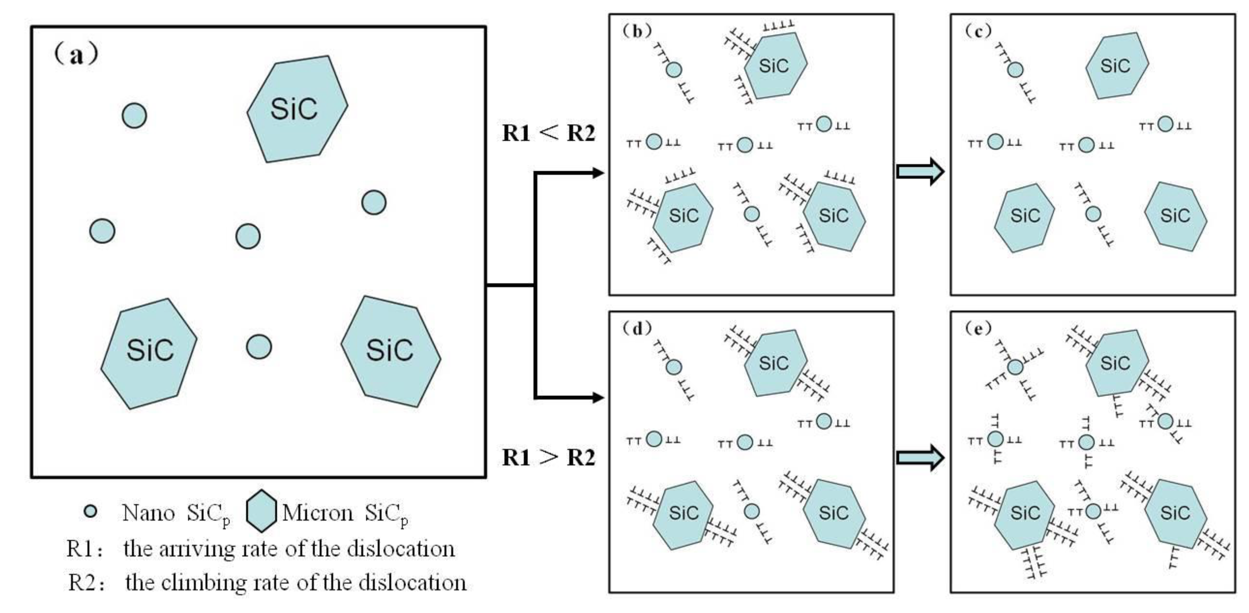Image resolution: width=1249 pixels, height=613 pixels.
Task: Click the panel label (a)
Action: click(x=77, y=54)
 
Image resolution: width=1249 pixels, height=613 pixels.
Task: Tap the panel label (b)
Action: click(x=637, y=31)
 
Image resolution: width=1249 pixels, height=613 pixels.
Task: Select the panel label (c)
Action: click(x=979, y=31)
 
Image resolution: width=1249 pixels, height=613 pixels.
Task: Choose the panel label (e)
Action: click(x=979, y=329)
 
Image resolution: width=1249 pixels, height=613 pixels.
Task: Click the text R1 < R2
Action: click(x=548, y=133)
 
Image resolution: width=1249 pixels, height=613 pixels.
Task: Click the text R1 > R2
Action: click(x=548, y=457)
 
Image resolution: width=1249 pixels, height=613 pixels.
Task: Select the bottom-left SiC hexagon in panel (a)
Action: click(x=149, y=353)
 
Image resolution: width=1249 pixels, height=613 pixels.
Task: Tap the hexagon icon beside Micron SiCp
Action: click(x=261, y=511)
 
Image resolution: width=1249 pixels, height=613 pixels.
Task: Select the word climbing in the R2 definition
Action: click(x=204, y=582)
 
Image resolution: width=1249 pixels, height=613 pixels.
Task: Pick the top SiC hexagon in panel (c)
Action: click(x=1116, y=66)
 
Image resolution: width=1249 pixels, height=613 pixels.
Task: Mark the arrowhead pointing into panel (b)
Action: click(x=598, y=172)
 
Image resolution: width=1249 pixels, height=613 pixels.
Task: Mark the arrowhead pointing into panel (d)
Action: click(x=598, y=397)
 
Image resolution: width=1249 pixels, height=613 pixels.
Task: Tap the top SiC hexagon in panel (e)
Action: click(x=1116, y=363)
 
